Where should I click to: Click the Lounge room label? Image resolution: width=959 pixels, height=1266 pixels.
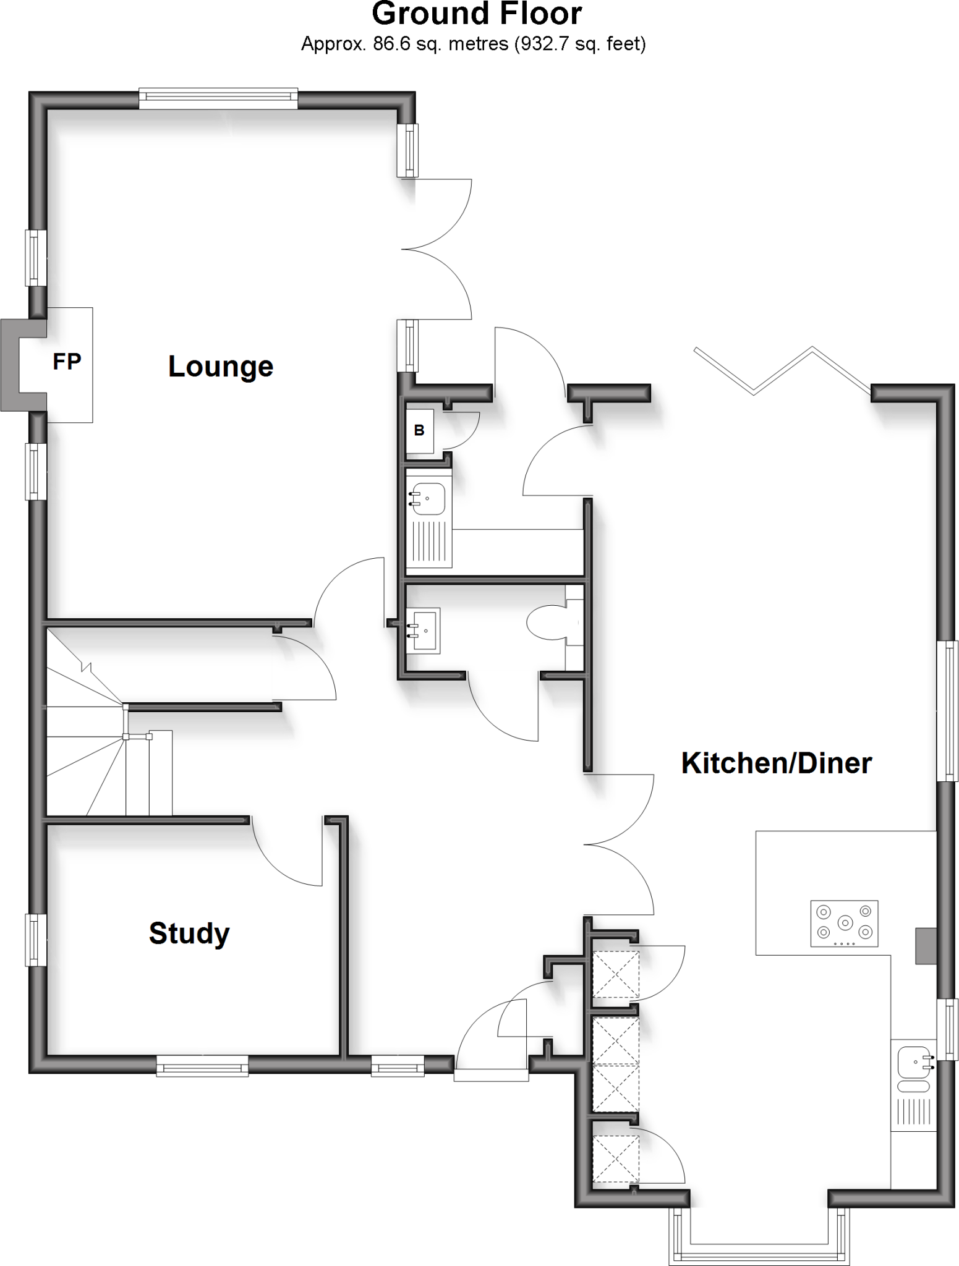221,367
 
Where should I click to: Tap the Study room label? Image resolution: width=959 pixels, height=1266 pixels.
189,933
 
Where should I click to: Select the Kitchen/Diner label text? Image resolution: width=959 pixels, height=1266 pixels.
776,763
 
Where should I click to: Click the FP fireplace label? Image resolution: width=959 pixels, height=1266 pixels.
67,362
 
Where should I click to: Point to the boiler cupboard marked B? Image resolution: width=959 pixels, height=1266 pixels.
419,430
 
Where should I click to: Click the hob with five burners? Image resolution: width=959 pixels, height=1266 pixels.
844,923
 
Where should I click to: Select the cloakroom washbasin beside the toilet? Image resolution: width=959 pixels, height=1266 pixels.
424,629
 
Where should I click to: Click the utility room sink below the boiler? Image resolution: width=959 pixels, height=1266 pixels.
428,498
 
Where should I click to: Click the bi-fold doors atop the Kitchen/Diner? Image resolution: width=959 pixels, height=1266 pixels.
783,371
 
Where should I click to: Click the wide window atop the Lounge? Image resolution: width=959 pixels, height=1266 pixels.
218,99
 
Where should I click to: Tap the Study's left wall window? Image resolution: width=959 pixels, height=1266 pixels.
36,940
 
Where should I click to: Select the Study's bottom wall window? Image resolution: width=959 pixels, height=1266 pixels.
202,1066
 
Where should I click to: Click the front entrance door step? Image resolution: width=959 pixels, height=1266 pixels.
491,1076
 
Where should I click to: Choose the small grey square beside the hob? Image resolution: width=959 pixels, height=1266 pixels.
926,946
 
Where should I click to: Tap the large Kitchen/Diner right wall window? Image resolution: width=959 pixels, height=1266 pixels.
947,711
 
